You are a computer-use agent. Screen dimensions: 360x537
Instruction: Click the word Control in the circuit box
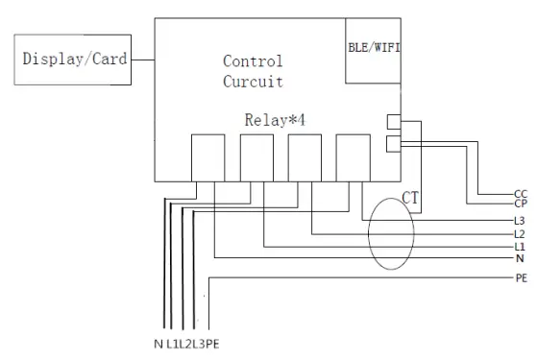tap(253, 61)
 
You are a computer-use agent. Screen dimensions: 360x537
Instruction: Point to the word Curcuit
tap(253, 82)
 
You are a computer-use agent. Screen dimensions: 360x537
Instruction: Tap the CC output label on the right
tap(520, 194)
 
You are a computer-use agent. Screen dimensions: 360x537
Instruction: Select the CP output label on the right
tap(520, 204)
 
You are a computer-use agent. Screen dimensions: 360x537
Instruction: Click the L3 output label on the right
tap(520, 222)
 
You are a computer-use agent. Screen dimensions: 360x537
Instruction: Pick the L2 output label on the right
tap(520, 234)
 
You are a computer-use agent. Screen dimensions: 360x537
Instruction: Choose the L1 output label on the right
tap(520, 247)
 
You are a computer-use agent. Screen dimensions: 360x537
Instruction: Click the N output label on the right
tap(519, 258)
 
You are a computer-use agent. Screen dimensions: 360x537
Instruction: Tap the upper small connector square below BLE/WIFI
tap(393, 123)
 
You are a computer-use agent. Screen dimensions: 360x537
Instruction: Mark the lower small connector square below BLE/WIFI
tap(393, 143)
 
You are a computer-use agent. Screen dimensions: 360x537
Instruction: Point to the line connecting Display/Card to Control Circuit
tap(141, 60)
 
